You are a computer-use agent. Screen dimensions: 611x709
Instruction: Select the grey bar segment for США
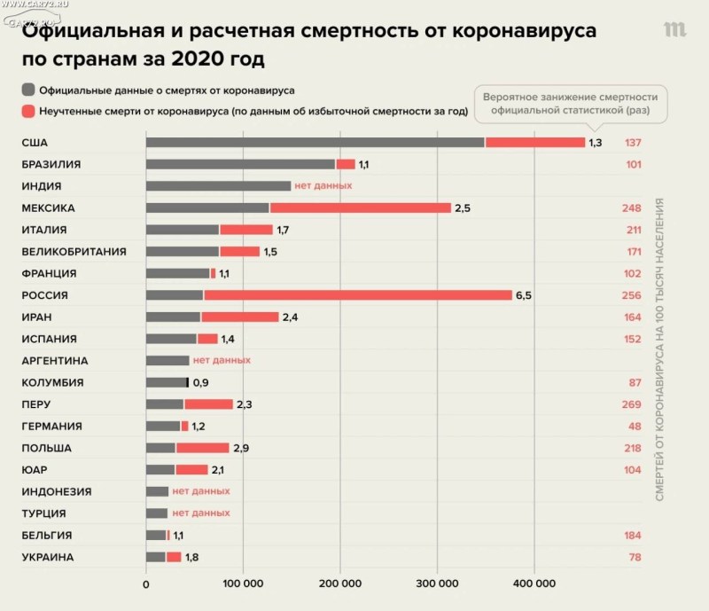point(315,143)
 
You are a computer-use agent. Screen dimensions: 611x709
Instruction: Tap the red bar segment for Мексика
point(362,208)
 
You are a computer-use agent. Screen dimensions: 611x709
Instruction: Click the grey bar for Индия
point(218,186)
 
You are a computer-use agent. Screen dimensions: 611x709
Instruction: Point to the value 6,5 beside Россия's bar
point(524,295)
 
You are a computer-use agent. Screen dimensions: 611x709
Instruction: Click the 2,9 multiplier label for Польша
point(240,448)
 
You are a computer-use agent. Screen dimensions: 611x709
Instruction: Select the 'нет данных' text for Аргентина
point(222,361)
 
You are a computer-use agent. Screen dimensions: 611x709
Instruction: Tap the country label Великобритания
point(73,252)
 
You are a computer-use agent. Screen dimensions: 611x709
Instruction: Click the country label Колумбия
point(52,383)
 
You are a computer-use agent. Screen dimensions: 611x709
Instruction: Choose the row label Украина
point(48,558)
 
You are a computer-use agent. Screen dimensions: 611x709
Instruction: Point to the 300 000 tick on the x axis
point(437,584)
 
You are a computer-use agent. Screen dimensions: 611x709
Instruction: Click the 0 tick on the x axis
point(146,584)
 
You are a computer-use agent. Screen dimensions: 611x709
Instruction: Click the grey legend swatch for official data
point(29,90)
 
